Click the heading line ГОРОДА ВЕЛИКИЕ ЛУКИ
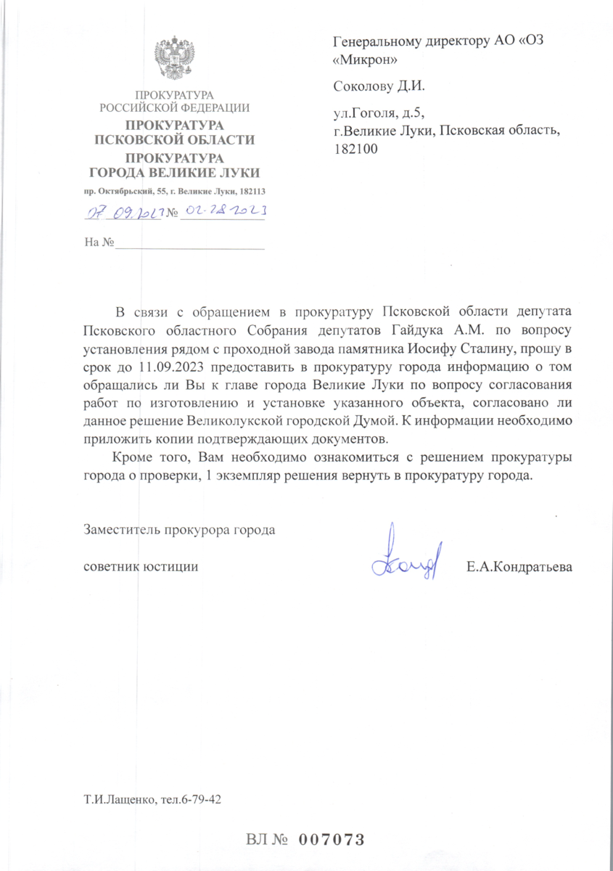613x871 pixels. coord(174,173)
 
